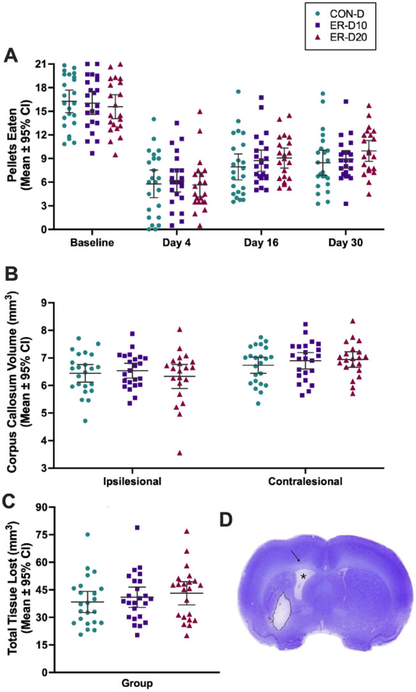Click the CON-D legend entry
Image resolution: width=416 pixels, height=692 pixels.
click(x=340, y=13)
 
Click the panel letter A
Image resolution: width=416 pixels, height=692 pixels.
click(x=11, y=56)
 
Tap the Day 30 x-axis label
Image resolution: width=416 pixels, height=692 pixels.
click(x=345, y=243)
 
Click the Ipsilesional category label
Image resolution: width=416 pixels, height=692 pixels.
click(x=132, y=481)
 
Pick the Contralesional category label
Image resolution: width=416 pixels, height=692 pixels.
click(x=305, y=481)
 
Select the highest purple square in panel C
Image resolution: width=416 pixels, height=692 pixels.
click(x=137, y=528)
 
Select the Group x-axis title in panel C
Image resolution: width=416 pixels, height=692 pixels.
click(x=137, y=684)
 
